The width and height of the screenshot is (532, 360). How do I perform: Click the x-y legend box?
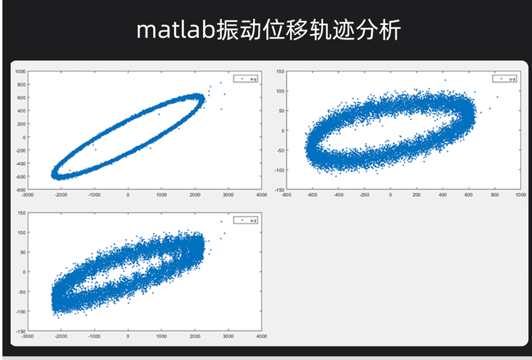click(247, 79)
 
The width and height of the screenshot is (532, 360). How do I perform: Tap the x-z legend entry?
click(247, 220)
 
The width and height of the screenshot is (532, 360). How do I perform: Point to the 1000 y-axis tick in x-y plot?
click(20, 71)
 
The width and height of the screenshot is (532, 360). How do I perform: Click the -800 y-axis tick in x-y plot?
click(20, 190)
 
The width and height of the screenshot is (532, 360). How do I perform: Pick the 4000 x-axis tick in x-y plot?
click(261, 195)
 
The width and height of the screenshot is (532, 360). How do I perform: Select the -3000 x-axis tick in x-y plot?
click(27, 195)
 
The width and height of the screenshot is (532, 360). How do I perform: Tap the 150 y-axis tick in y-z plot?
click(279, 71)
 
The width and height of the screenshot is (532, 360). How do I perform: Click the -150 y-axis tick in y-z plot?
click(279, 190)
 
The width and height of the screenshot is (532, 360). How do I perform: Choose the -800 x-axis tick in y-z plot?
click(286, 195)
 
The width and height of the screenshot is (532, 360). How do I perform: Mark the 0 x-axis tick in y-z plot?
click(390, 195)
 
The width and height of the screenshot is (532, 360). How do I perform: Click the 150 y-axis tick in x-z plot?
click(21, 213)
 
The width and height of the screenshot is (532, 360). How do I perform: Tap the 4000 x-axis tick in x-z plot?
click(261, 336)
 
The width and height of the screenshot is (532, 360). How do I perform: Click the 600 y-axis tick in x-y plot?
click(21, 97)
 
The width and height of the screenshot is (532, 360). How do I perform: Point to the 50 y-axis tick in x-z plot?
click(22, 252)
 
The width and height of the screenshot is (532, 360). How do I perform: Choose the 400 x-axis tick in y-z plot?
click(442, 195)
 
